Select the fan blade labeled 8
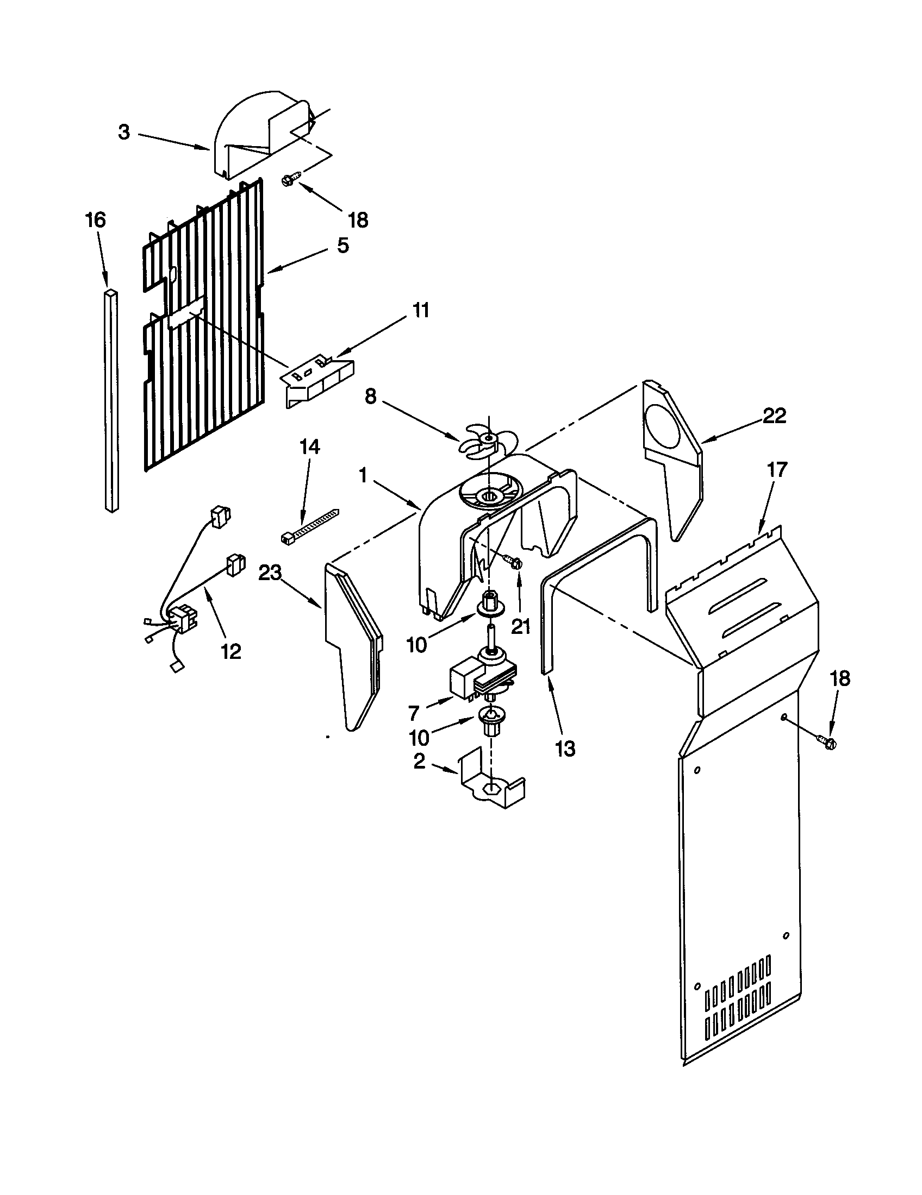tap(482, 440)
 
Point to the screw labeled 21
tap(514, 562)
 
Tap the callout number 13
tap(565, 748)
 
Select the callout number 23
tap(270, 573)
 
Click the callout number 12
tap(231, 651)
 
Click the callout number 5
tap(342, 246)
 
